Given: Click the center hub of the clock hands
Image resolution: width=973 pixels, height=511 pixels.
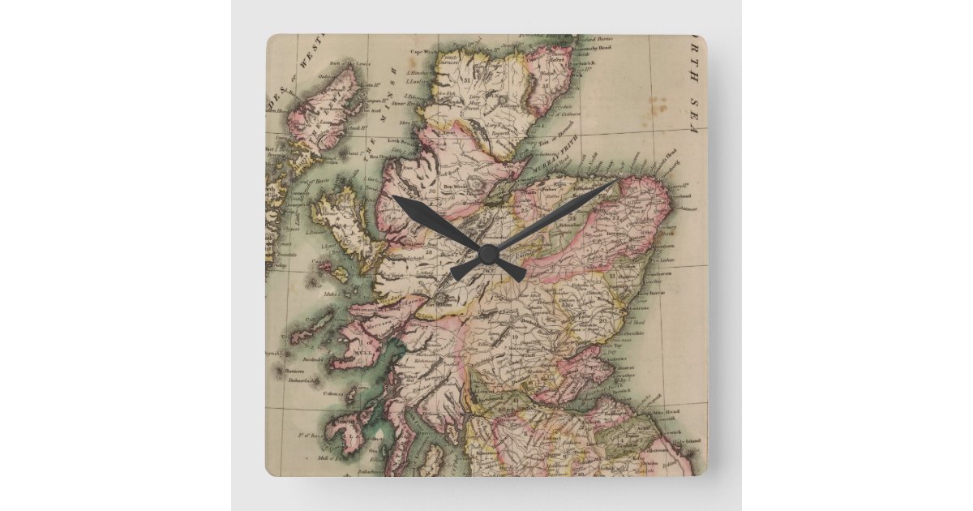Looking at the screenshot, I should [487, 253].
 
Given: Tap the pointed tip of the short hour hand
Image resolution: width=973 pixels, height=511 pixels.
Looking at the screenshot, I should [394, 197].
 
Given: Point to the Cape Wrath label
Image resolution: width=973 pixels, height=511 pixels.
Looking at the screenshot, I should [428, 50].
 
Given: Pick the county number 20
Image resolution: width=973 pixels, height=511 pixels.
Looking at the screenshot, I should [602, 319].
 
